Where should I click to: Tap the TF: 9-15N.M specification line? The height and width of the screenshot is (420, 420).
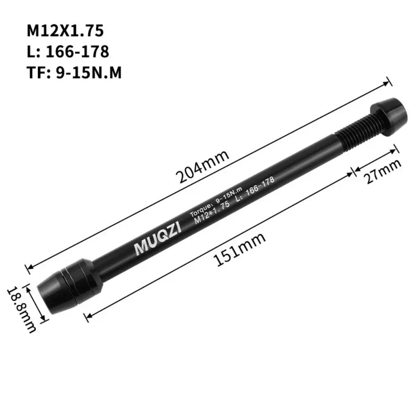(x=74, y=73)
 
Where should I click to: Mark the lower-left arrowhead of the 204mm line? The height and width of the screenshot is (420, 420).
(x=29, y=267)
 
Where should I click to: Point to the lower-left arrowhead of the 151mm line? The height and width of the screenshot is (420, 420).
(x=87, y=315)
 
